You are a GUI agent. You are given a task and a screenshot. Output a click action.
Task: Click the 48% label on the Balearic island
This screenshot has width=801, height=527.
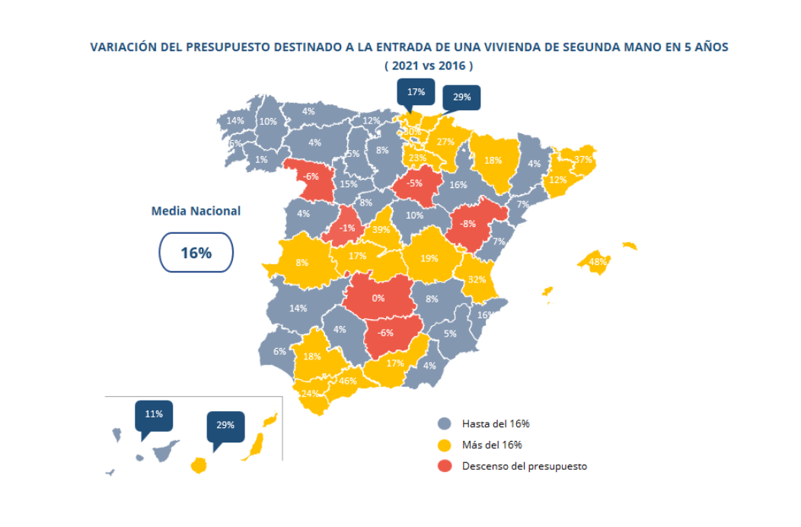point(598,262)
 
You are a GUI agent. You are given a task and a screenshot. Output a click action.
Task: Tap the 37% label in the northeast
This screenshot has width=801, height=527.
point(583,160)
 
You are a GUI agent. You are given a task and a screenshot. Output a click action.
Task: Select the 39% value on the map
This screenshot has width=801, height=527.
point(381,229)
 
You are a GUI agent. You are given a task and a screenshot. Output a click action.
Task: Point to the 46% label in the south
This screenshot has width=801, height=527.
point(347,381)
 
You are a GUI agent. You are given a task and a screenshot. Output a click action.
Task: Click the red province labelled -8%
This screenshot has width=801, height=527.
point(468,224)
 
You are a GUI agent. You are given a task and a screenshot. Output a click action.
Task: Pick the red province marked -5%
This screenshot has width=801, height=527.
point(414,183)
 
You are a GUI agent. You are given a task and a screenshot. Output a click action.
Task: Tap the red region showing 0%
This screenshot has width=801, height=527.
point(378,298)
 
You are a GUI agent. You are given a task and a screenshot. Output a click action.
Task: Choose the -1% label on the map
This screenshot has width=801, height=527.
point(347,228)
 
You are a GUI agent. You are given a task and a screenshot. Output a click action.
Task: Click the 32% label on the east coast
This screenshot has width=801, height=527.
point(477,279)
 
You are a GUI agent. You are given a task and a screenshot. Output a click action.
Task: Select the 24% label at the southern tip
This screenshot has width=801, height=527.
point(310,394)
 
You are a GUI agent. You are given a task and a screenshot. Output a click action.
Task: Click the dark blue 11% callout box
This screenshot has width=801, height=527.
point(154,414)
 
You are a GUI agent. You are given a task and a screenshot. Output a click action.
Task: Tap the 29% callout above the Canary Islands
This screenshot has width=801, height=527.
point(225,425)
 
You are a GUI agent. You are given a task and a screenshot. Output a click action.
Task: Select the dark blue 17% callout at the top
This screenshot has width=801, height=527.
point(416,92)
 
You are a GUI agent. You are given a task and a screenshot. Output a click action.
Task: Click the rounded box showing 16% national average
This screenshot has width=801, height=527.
point(196,253)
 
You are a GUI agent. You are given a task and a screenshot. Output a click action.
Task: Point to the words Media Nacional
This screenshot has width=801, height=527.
point(196,211)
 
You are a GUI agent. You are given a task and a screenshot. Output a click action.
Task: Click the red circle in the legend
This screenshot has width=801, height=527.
point(445,466)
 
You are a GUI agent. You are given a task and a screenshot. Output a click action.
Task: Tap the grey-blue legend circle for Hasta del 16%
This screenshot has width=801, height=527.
point(445,424)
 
